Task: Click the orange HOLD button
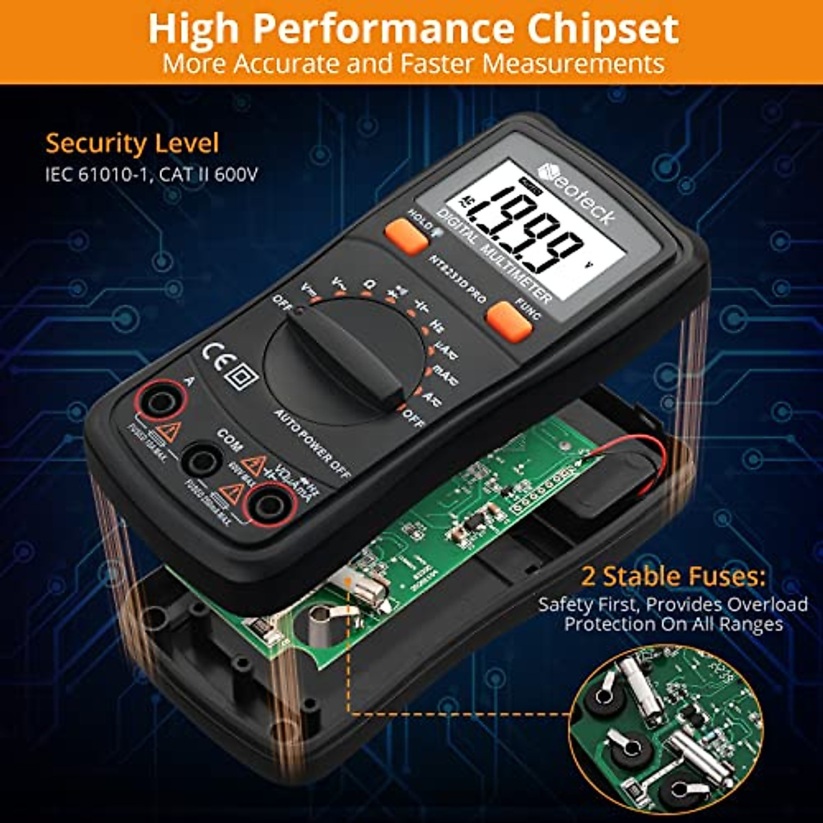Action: point(406,237)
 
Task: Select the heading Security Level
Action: point(132,144)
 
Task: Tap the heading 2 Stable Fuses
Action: point(672,576)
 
